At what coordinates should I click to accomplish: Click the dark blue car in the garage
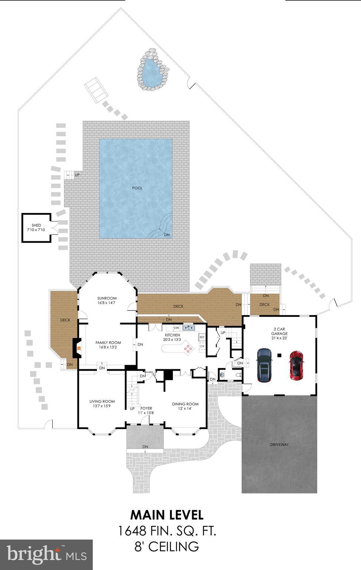point(264,365)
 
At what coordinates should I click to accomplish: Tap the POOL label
point(137,188)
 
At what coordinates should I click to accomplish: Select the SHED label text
point(36,225)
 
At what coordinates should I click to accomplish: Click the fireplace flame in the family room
point(79,348)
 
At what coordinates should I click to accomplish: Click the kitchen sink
point(189,328)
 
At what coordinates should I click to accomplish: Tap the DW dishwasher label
point(177,328)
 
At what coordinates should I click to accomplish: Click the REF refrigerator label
point(202,337)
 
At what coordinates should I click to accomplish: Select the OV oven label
point(202,346)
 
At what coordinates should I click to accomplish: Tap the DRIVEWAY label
point(279,445)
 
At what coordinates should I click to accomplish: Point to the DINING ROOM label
point(185,404)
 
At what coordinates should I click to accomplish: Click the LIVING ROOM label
point(102,401)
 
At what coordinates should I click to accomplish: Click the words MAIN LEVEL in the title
point(167,515)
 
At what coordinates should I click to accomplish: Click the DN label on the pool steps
point(167,235)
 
